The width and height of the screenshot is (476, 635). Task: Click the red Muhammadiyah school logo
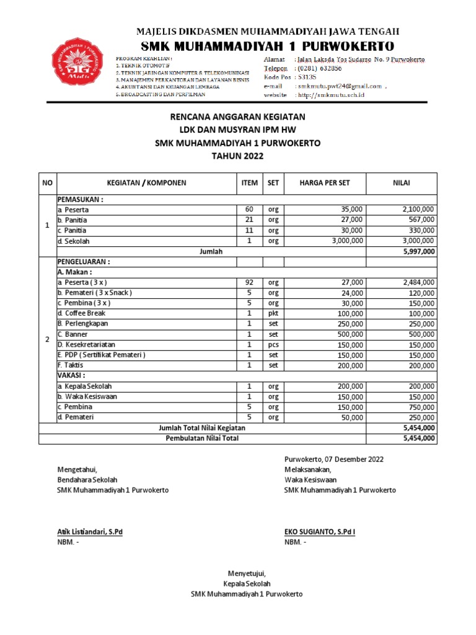click(x=76, y=67)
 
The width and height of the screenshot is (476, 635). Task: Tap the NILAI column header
click(x=402, y=182)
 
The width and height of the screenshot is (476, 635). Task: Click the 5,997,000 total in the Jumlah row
click(x=420, y=251)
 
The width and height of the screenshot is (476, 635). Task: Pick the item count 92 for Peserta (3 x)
click(x=249, y=282)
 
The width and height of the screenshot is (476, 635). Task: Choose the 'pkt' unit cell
click(x=273, y=313)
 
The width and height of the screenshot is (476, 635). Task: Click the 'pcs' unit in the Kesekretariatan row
click(x=273, y=344)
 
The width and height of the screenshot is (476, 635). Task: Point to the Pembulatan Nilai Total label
click(x=201, y=438)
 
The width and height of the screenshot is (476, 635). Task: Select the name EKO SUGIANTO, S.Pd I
click(x=319, y=531)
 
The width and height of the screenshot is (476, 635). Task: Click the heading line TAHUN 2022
click(x=237, y=156)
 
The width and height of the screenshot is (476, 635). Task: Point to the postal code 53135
click(x=306, y=77)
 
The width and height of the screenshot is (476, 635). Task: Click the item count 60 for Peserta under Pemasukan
click(x=249, y=210)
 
